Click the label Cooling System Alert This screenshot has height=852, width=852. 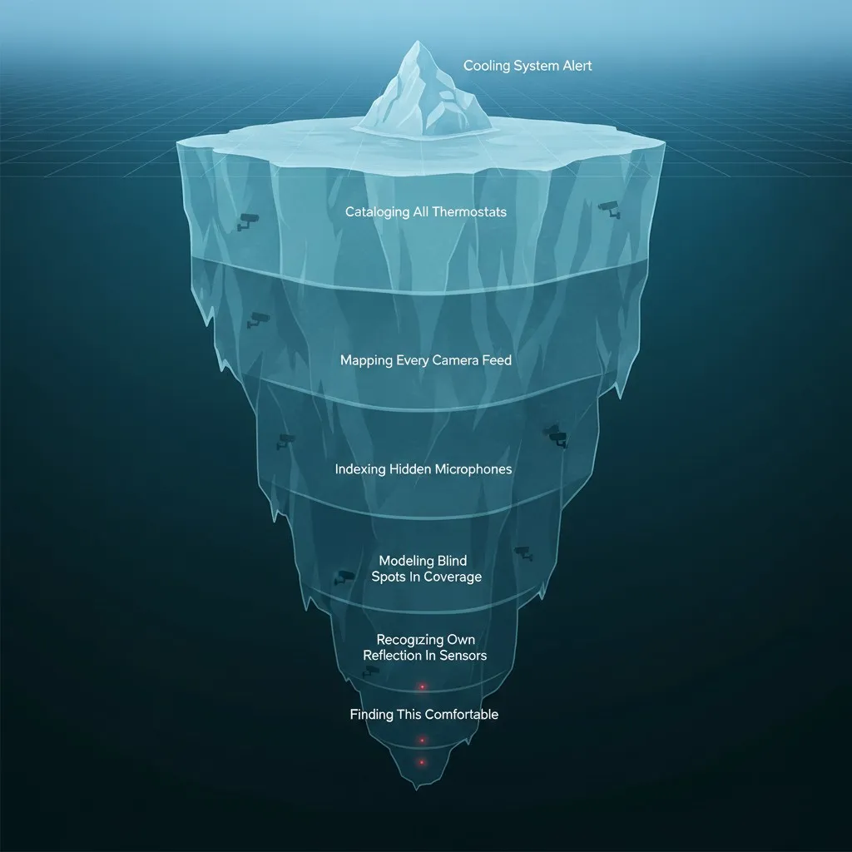pyautogui.click(x=527, y=67)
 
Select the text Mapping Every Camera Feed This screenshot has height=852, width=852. pyautogui.click(x=426, y=360)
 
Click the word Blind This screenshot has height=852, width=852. pyautogui.click(x=452, y=561)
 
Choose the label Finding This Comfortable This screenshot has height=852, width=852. pyautogui.click(x=424, y=714)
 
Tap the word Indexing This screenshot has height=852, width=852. pyautogui.click(x=359, y=469)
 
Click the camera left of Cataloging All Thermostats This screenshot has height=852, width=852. pyautogui.click(x=247, y=220)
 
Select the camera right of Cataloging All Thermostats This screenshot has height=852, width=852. pyautogui.click(x=609, y=209)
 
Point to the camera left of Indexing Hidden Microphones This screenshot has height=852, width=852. pyautogui.click(x=285, y=440)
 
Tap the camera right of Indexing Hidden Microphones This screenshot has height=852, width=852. pyautogui.click(x=555, y=436)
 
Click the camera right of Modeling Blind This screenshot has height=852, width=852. pyautogui.click(x=524, y=553)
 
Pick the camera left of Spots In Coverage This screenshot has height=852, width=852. pyautogui.click(x=344, y=577)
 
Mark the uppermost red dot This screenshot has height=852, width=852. pyautogui.click(x=422, y=687)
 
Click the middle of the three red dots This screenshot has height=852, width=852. pyautogui.click(x=422, y=740)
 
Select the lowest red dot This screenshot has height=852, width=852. pyautogui.click(x=422, y=762)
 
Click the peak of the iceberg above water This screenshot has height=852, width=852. pyautogui.click(x=417, y=42)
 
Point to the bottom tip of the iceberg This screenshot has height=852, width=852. pyautogui.click(x=417, y=789)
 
